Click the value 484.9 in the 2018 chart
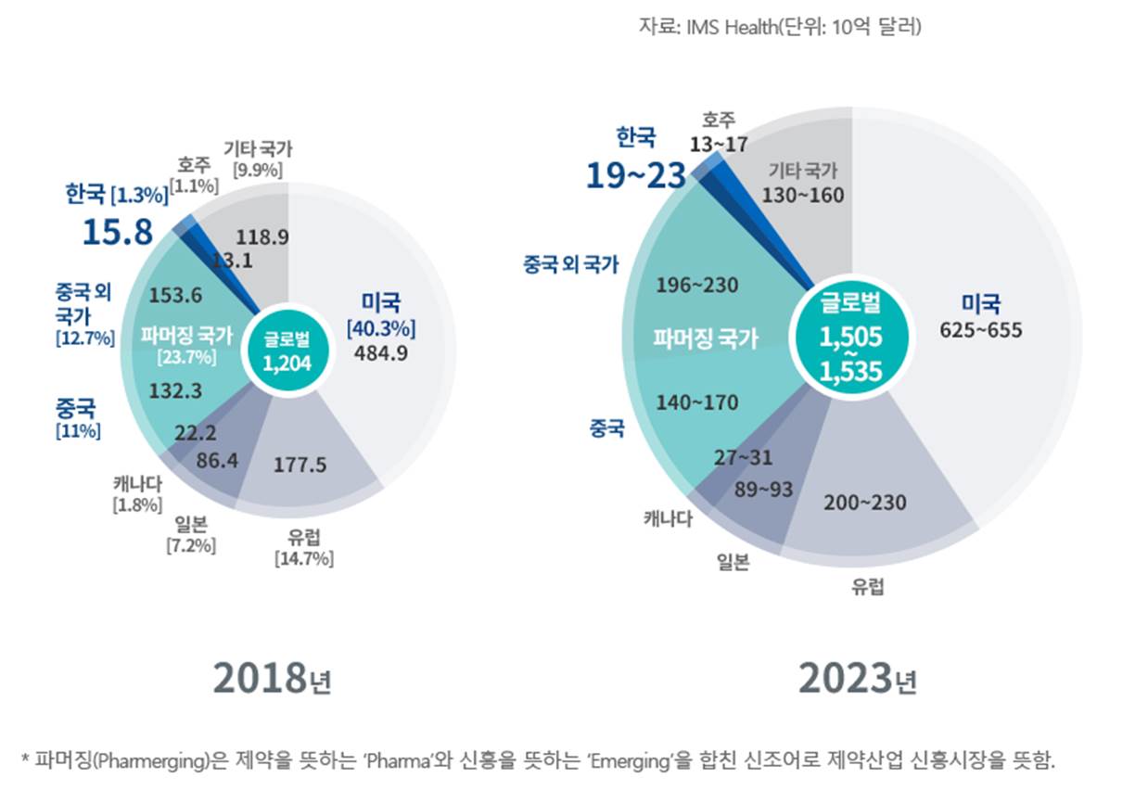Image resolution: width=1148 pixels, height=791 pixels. coord(380,351)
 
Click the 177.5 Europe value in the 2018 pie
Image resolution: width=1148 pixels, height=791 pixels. coord(300,465)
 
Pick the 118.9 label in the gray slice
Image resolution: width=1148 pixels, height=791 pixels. coord(262,236)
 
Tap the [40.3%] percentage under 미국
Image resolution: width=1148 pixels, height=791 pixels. coord(380,327)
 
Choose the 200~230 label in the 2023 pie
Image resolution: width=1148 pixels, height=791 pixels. coord(864,502)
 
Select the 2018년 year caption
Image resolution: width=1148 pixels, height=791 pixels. coord(272,680)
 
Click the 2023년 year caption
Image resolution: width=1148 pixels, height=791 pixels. coord(858,680)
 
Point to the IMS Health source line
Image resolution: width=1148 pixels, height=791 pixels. coord(779,29)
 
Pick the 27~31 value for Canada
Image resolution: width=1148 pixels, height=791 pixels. coord(743,457)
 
